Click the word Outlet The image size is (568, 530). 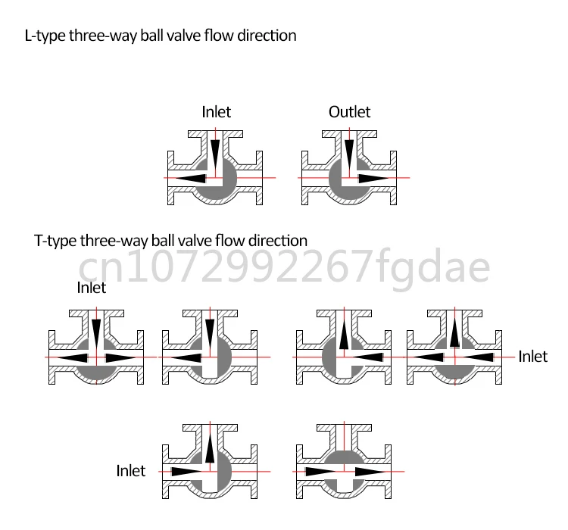tap(349, 112)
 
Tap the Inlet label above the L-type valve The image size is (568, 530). tap(216, 112)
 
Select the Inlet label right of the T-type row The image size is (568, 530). tap(532, 357)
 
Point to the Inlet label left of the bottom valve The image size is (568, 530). tap(130, 471)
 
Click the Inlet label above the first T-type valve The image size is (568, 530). tap(92, 288)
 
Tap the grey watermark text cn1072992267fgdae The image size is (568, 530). tap(285, 266)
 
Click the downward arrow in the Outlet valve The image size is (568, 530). tap(348, 154)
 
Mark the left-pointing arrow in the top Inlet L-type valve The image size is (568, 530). tap(189, 178)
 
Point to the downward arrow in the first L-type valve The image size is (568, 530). tap(216, 154)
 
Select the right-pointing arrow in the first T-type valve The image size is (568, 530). tap(122, 357)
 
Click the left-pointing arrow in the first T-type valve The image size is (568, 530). tap(72, 357)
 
